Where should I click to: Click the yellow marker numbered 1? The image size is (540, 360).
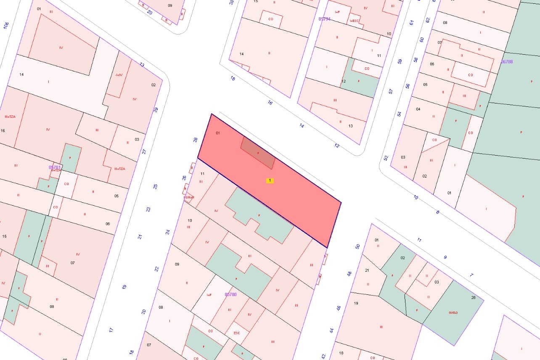pyautogui.click(x=270, y=180)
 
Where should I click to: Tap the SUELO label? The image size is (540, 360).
pyautogui.click(x=453, y=312)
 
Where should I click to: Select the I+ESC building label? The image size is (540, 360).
pyautogui.click(x=355, y=21)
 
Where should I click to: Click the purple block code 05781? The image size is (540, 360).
pyautogui.click(x=55, y=167)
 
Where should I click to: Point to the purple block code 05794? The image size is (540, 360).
pyautogui.click(x=324, y=19)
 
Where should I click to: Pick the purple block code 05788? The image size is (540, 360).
pyautogui.click(x=507, y=62)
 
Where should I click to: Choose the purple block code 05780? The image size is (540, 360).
pyautogui.click(x=230, y=294)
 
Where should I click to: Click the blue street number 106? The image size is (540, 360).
pyautogui.click(x=6, y=26)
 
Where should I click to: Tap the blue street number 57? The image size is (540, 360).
pyautogui.click(x=391, y=91)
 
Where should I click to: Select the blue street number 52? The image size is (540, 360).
pyautogui.click(x=386, y=158)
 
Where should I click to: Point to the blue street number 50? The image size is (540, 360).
pyautogui.click(x=358, y=246)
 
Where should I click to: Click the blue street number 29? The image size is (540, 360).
pyautogui.click(x=156, y=110)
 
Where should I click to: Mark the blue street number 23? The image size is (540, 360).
pyautogui.click(x=148, y=209)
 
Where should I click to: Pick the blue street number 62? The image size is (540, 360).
pyautogui.click(x=428, y=20)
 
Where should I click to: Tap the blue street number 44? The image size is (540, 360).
pyautogui.click(x=331, y=331)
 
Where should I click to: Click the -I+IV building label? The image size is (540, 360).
pyautogui.click(x=119, y=75)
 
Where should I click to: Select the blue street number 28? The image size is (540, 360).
pyautogui.click(x=196, y=140)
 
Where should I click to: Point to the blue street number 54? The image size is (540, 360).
pyautogui.click(x=400, y=114)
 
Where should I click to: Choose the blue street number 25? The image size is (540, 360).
pyautogui.click(x=155, y=186)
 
